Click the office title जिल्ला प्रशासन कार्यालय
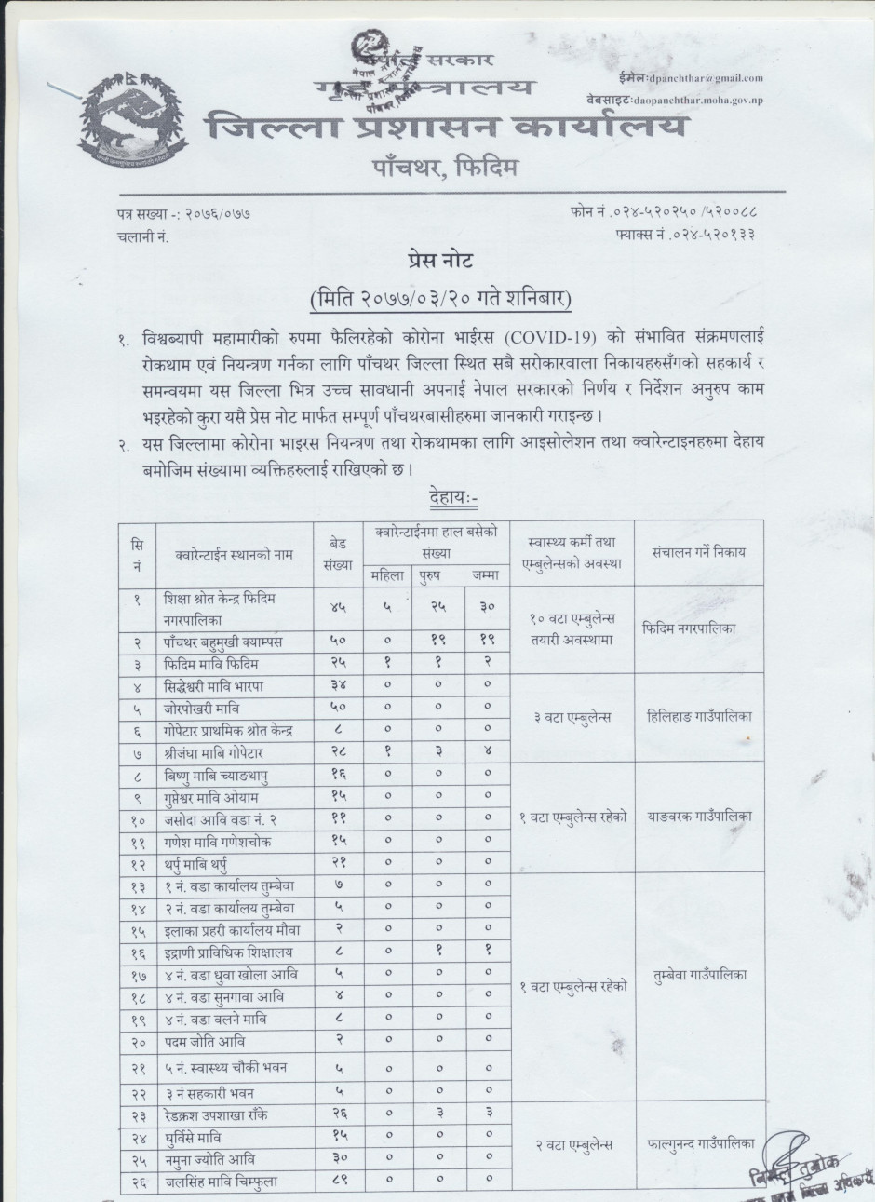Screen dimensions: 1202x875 point(450,127)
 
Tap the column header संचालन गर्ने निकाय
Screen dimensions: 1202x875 point(700,553)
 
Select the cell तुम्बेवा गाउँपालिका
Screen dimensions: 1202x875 point(700,974)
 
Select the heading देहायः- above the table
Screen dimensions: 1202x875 point(452,499)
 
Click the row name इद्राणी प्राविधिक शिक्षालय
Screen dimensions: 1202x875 point(227,952)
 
